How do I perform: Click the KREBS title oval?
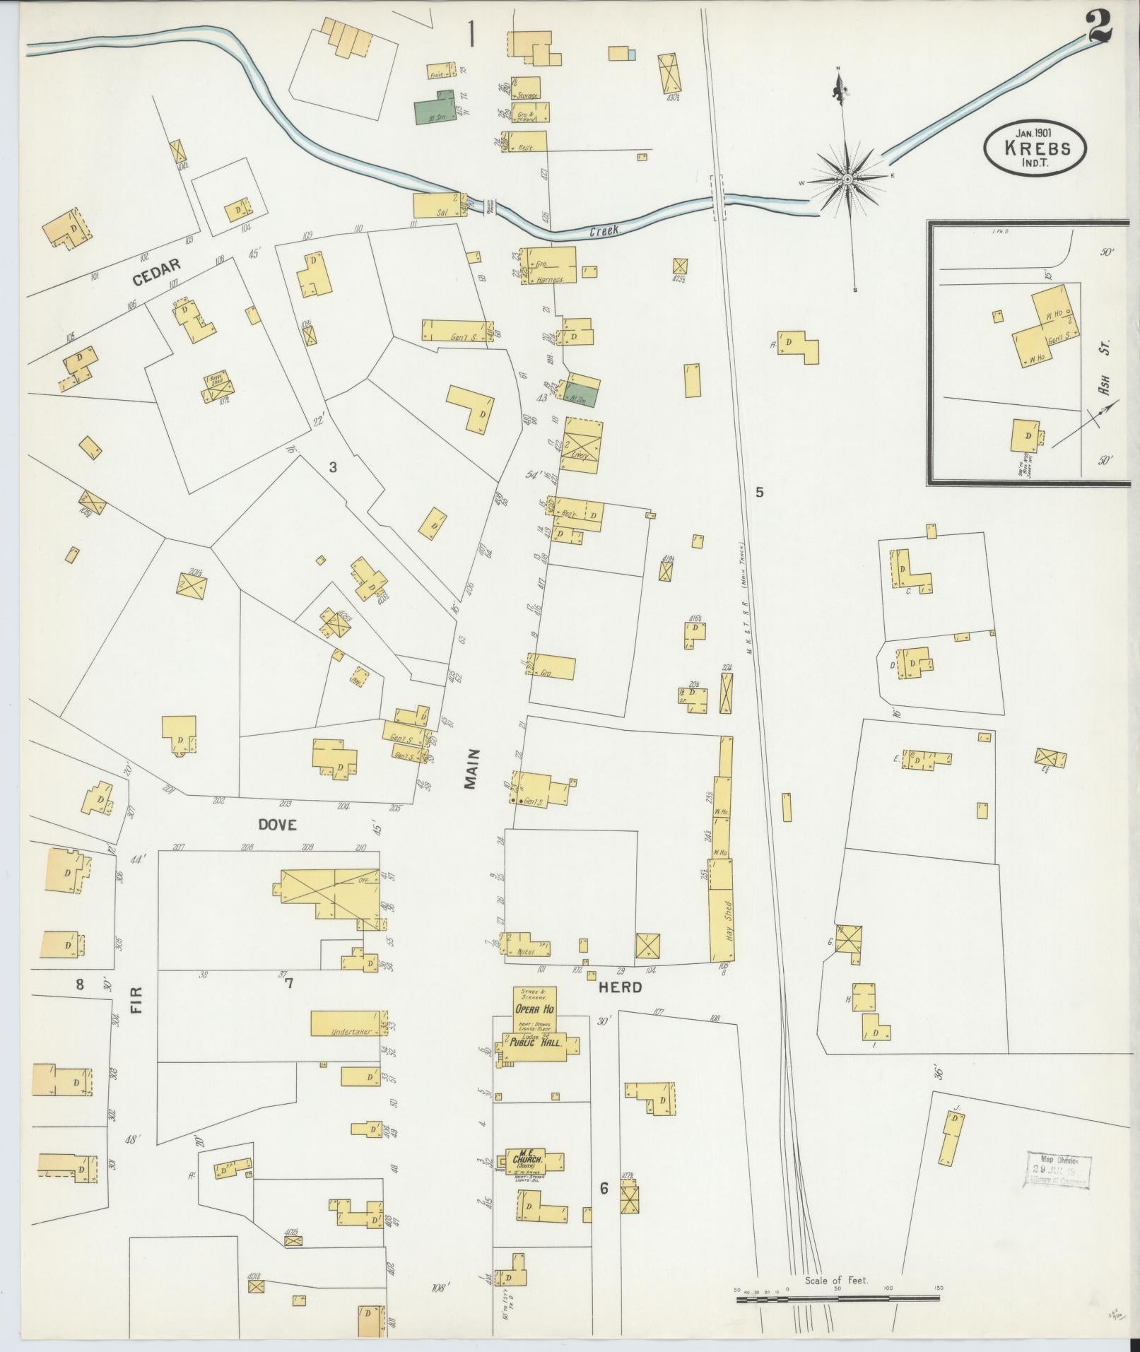[x=1035, y=146]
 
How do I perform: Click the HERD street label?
[x=620, y=988]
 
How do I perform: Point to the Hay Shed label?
[x=727, y=918]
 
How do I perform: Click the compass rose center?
[x=845, y=182]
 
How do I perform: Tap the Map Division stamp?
[x=1058, y=1172]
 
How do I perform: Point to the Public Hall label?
[x=540, y=1043]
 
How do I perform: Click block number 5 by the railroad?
[x=760, y=493]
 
